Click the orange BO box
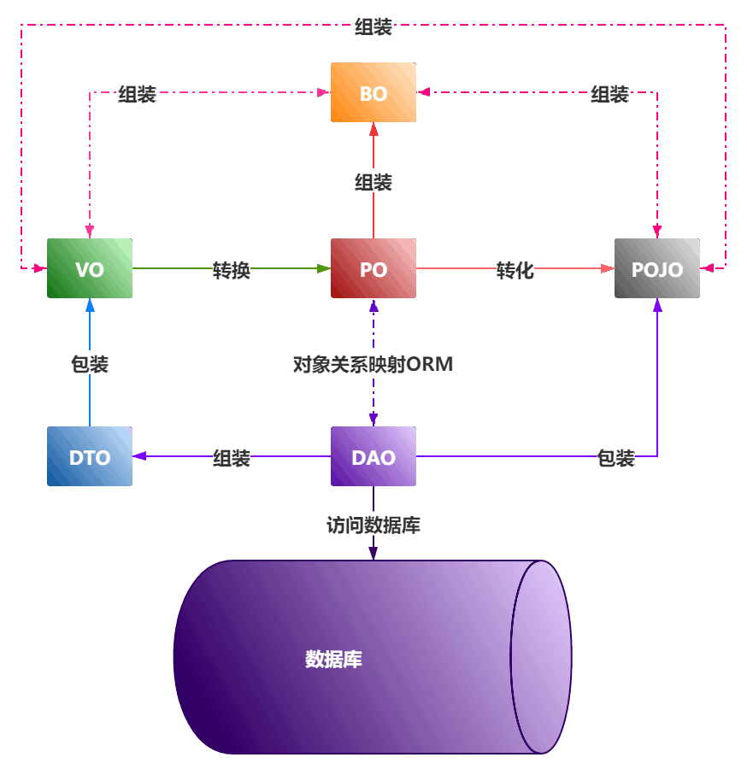point(373,92)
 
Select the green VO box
point(90,268)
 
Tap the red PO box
point(373,268)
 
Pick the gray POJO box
point(657,268)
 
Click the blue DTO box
point(90,456)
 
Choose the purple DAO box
point(373,456)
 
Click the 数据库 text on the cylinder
point(333,660)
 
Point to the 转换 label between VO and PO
point(232,270)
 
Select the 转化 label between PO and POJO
point(515,270)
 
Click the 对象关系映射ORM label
point(373,364)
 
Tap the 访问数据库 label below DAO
point(373,524)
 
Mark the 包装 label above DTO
point(90,364)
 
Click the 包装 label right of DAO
point(615,458)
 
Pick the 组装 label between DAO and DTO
point(232,458)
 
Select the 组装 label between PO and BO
point(373,181)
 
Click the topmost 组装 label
point(373,26)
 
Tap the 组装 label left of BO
point(137,94)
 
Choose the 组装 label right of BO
point(610,94)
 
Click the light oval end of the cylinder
point(541,657)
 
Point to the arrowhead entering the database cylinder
point(373,554)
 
